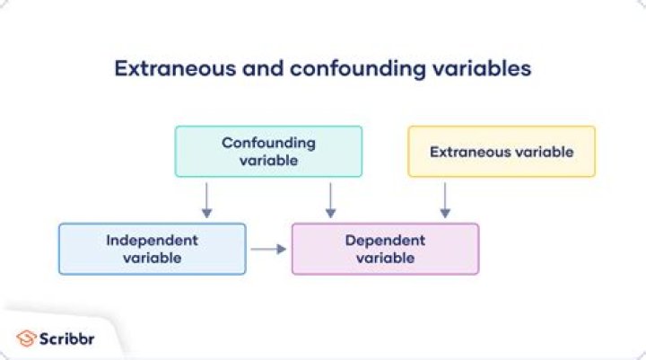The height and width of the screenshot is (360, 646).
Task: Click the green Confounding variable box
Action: [x=268, y=151]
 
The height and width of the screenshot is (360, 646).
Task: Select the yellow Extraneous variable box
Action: [x=501, y=151]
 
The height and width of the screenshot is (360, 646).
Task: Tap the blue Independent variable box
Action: [x=152, y=249]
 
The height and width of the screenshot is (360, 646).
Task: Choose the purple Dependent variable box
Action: [x=385, y=249]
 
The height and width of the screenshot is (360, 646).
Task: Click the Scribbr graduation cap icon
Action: [x=25, y=338]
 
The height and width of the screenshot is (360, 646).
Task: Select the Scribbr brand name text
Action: [x=67, y=338]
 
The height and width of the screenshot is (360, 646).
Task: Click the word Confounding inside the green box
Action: [x=268, y=143]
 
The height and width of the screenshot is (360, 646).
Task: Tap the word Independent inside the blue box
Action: [x=152, y=240]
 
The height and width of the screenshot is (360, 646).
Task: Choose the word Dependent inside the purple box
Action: [x=385, y=240]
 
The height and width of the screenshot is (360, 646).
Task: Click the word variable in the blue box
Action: [x=152, y=258]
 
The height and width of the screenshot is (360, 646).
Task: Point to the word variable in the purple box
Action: [x=385, y=258]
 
